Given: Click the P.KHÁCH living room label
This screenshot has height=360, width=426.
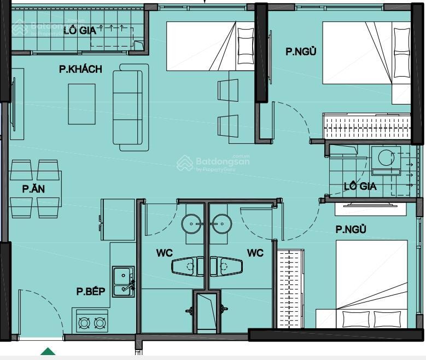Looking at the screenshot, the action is (81, 69).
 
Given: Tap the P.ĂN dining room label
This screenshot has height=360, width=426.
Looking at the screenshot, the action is (33, 188).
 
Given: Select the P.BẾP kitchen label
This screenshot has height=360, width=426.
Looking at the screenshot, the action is (91, 291).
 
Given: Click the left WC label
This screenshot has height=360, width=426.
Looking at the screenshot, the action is (165, 253).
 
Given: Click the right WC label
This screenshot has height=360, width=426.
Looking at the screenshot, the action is (255, 253).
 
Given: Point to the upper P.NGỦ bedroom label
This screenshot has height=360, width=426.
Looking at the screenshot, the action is (301, 51).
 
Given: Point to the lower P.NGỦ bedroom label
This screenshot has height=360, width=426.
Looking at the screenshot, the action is (351, 229).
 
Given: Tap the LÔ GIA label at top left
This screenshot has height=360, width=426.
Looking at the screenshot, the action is (80, 31).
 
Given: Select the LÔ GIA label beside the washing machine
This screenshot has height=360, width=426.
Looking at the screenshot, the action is (360, 186).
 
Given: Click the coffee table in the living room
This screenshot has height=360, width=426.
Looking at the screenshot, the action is (82, 104).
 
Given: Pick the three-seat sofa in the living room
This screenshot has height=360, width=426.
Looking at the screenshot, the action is (131, 107).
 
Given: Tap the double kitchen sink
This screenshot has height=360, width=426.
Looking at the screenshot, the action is (124, 281).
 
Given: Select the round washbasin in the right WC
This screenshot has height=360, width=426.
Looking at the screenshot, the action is (221, 224).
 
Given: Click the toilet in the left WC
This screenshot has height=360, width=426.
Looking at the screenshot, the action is (188, 266).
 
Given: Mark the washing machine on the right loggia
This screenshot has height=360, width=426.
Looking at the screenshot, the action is (386, 161).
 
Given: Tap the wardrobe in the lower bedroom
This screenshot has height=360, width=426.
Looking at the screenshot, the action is (291, 288).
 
